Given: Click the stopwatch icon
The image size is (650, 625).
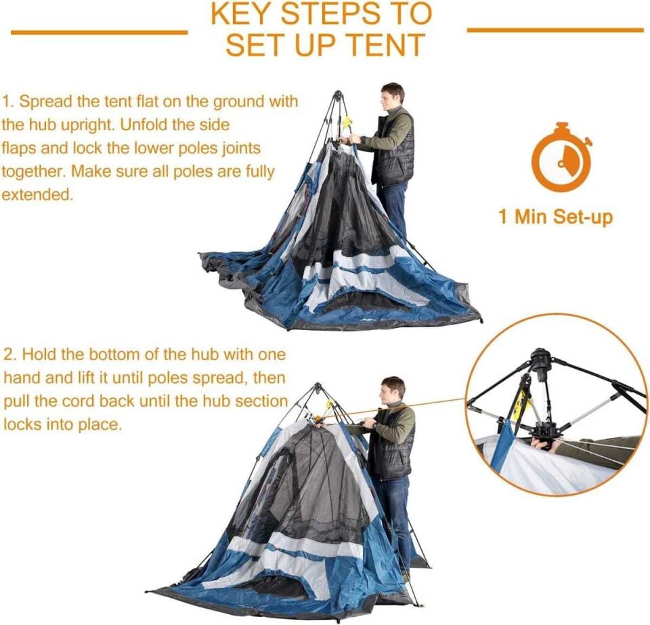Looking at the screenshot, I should point(561,159).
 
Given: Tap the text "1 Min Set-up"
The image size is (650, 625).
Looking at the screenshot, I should point(555,217).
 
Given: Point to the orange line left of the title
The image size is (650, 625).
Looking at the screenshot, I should point(99,32).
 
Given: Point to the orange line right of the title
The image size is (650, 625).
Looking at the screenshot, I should point(555,30).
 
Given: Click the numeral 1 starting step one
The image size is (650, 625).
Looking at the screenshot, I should point(6,102).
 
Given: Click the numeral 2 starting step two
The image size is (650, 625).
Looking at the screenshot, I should point(7,355).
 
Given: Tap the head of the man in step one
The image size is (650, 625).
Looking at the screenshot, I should point(392,94).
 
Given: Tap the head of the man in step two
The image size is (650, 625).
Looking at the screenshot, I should point(393,388).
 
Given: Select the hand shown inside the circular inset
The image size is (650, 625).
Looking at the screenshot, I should point(542,444).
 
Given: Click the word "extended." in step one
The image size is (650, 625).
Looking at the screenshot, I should point(36,195).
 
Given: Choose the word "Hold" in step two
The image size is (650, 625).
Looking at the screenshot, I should point(39,355).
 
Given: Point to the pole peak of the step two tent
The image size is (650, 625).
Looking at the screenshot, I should point(317,387).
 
